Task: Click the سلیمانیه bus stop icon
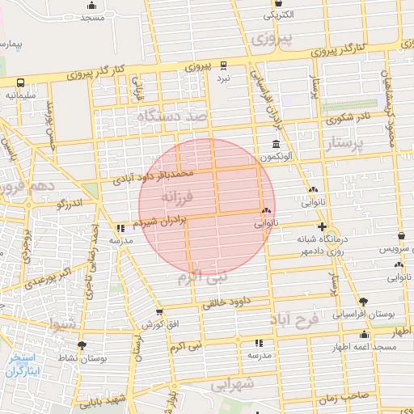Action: (19, 82)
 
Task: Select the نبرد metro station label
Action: (222, 78)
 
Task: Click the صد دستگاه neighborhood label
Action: (173, 117)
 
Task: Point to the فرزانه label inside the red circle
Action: (177, 196)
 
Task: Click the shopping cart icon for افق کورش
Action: (159, 311)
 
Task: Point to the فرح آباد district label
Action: (297, 317)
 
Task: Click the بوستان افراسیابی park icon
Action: (363, 300)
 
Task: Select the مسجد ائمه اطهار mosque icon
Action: (364, 335)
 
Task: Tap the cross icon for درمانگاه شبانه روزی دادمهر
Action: (323, 226)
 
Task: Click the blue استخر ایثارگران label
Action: (22, 364)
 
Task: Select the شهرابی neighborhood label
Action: (233, 384)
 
